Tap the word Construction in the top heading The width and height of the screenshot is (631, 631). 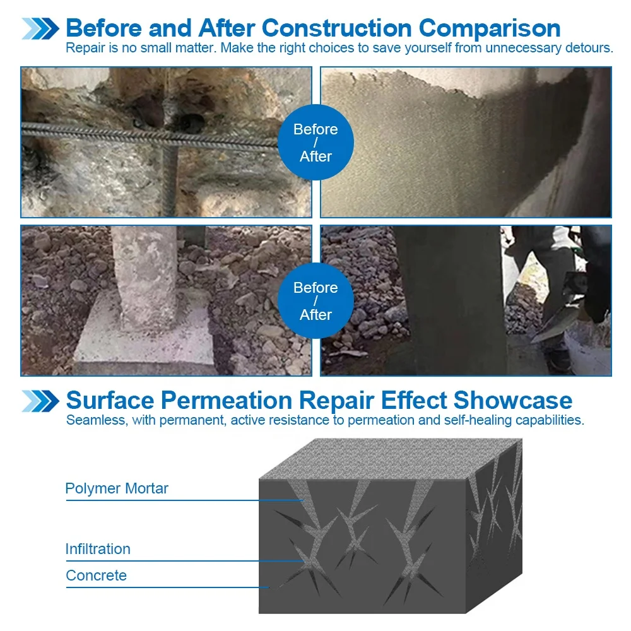click(336, 28)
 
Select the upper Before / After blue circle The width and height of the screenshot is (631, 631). click(315, 143)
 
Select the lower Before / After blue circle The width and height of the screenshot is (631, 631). click(315, 301)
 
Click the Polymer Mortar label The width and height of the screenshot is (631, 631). click(117, 488)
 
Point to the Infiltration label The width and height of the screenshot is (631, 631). click(98, 549)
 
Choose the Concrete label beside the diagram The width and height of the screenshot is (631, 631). click(96, 575)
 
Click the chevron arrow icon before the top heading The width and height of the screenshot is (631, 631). click(41, 29)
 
